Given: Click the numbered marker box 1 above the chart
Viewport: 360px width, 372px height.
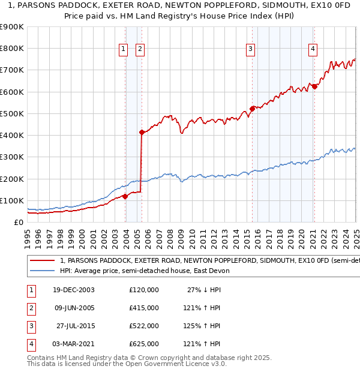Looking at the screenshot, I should pos(124,49).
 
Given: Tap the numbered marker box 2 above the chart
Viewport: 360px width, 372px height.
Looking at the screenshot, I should pos(140,49).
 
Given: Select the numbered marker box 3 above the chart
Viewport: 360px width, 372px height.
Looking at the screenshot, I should pos(250,49).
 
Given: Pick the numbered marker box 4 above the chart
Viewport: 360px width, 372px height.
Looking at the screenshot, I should pos(313,49).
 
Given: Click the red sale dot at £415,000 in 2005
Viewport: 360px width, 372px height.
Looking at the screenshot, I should pos(142,132).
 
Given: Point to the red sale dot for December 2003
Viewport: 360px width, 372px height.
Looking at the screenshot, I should pos(125,196).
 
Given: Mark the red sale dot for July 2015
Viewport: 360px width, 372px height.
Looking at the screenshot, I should pos(253,109).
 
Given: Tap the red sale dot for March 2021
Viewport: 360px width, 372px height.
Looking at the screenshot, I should pos(314,86).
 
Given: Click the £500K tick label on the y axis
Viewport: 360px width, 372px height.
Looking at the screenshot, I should pos(12,113).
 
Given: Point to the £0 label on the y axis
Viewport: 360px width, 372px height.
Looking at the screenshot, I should pos(19,222).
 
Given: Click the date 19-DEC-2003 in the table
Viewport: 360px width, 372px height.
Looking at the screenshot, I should pos(73,290).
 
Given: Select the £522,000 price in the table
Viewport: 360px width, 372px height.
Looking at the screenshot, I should pos(144,326).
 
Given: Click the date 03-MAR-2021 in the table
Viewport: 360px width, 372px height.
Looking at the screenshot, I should pos(73,344).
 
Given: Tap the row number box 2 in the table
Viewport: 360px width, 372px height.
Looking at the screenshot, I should pos(31,308).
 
